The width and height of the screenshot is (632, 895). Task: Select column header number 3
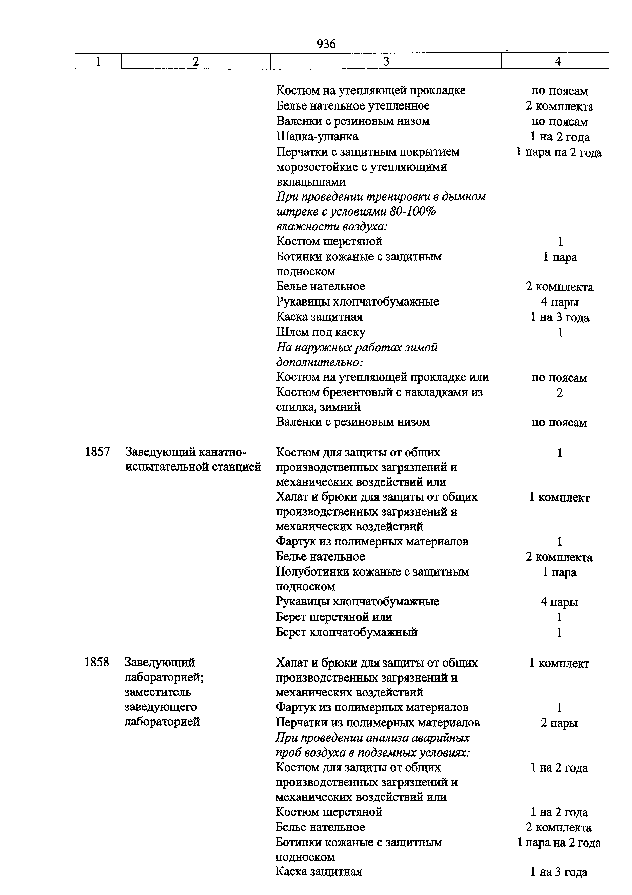386,62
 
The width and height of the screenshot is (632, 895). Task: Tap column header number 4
558,62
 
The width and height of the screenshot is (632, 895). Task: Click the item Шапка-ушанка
317,137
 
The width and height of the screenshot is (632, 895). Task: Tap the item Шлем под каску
321,332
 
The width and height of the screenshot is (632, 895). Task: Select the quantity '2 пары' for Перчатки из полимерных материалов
559,723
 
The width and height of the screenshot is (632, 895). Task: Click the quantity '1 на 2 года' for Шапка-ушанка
560,137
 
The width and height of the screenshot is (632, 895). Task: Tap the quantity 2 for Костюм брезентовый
560,392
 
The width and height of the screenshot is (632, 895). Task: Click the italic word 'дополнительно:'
319,363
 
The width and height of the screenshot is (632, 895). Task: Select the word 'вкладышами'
311,182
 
